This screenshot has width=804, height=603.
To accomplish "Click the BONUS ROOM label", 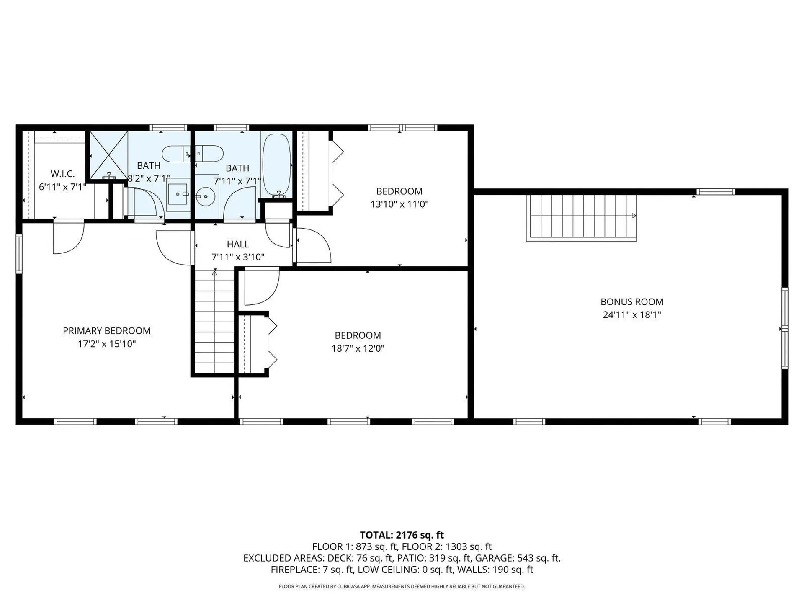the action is click(x=632, y=301).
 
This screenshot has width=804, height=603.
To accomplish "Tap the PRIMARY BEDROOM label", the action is click(x=107, y=331).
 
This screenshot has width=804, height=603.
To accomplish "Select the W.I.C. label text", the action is click(x=63, y=174).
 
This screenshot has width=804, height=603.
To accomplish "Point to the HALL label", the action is click(x=238, y=244).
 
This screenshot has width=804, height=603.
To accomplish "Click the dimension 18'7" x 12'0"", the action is click(x=358, y=348).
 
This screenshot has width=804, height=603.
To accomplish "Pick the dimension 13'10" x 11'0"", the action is click(x=399, y=204).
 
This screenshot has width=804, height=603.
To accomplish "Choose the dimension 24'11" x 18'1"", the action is click(x=632, y=315).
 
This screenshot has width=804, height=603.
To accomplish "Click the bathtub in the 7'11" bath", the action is click(x=276, y=165).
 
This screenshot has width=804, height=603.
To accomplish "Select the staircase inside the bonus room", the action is click(x=582, y=218).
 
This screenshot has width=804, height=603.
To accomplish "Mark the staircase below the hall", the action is click(x=214, y=321).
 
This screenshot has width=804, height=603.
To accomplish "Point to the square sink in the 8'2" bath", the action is click(x=178, y=194).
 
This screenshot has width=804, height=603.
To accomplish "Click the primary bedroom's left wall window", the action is click(x=19, y=254).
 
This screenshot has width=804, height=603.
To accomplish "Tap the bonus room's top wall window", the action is click(x=716, y=192).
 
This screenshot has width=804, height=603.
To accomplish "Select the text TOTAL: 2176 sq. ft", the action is click(x=402, y=535).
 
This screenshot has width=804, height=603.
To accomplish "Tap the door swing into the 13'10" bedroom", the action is click(x=314, y=245).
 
